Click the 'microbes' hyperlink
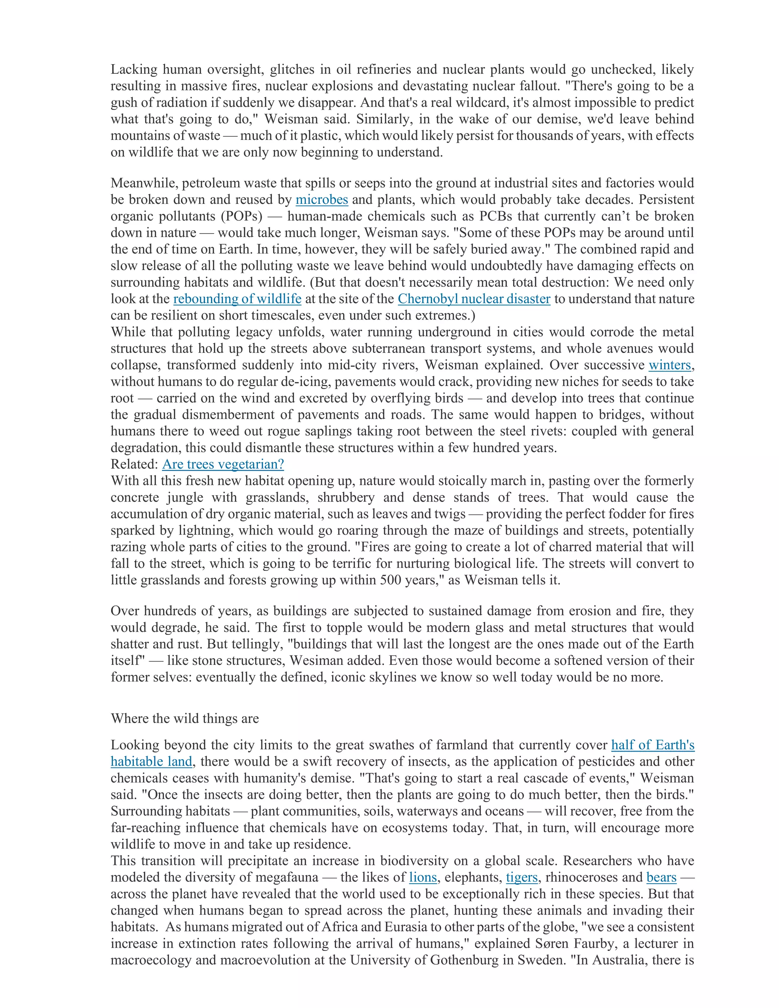coord(322,200)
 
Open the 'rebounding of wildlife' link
coord(237,299)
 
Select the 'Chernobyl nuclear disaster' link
coord(474,299)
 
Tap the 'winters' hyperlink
coord(669,365)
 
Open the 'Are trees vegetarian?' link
coord(223,464)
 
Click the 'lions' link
coord(423,878)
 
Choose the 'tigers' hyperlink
coord(522,878)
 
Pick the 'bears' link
coord(661,878)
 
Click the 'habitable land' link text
coord(151,762)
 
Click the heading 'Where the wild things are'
coord(184,719)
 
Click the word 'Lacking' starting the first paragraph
coord(134,70)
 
